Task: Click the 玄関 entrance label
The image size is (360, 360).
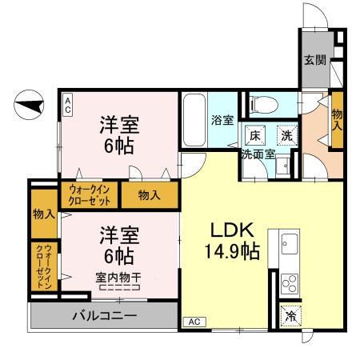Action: coord(314,59)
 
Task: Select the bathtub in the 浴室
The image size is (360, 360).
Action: coord(194,118)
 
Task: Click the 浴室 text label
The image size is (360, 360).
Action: coord(222,120)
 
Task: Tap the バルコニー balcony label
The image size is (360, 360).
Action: coord(105,315)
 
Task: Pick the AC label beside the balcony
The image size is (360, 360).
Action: coord(193,322)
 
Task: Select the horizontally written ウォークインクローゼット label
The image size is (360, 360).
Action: coord(89,194)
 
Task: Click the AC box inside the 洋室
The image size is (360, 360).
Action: coord(68,104)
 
